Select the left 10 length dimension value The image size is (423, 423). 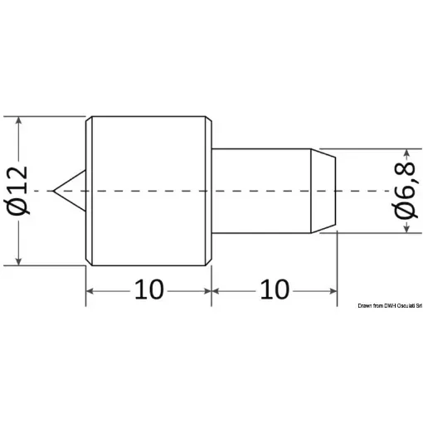pos(149,290)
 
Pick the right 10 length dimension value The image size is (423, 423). pos(275,290)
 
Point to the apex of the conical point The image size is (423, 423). pos(53,191)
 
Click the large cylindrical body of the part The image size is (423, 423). pos(149,190)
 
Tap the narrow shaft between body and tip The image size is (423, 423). pos(262,190)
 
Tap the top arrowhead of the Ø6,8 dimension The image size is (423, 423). pos(406,156)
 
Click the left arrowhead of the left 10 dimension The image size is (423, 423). pos(92,291)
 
